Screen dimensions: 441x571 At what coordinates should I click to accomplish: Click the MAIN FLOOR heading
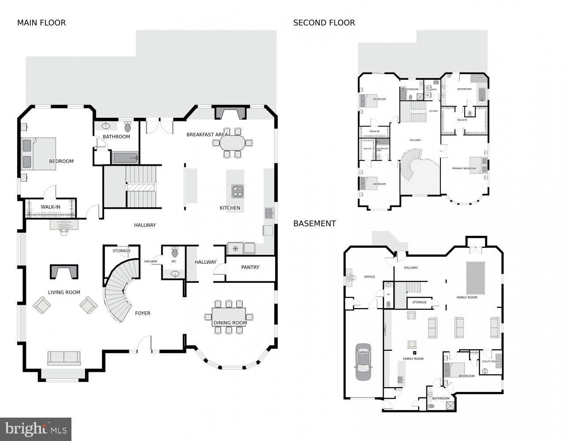[41, 23]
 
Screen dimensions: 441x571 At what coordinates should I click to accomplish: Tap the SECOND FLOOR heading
[324, 23]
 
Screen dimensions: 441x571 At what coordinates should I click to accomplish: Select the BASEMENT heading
[314, 224]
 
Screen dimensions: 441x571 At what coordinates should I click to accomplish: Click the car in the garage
[364, 362]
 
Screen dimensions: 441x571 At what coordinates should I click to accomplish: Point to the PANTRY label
[250, 267]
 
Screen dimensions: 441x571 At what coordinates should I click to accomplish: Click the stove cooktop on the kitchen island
[238, 191]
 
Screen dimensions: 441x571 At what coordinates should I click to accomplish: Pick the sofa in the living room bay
[64, 358]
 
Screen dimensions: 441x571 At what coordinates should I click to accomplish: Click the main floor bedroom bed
[39, 153]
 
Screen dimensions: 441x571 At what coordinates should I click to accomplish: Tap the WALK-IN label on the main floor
[51, 207]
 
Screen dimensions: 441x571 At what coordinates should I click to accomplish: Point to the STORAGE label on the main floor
[121, 251]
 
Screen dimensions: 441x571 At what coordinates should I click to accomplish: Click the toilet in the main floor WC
[174, 253]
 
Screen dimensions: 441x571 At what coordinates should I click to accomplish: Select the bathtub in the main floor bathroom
[125, 157]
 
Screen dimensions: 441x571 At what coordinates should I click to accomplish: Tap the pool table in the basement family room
[475, 277]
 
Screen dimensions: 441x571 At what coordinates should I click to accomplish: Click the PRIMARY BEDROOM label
[464, 168]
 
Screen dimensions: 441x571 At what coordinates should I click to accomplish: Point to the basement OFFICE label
[369, 277]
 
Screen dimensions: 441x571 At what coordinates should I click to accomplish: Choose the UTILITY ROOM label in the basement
[490, 362]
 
